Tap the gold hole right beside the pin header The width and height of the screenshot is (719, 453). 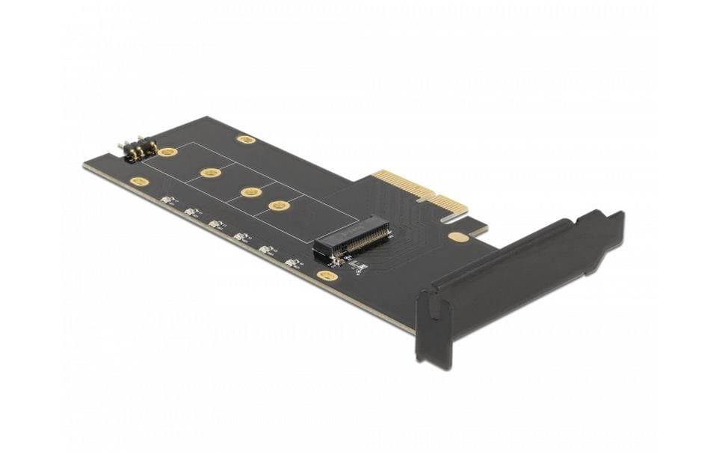[168, 152]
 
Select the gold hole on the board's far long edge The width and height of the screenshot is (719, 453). [245, 139]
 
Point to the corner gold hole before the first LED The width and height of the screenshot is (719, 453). [138, 181]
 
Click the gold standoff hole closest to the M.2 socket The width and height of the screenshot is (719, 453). [280, 206]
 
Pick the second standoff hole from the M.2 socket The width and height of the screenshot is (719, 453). [251, 192]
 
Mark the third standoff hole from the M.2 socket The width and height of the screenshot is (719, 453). [211, 173]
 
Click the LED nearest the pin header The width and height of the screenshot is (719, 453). [167, 200]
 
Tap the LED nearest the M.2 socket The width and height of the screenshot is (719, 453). [292, 262]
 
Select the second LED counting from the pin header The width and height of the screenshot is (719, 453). [192, 212]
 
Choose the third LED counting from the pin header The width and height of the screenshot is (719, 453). [217, 224]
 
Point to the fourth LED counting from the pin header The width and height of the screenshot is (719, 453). [241, 236]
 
